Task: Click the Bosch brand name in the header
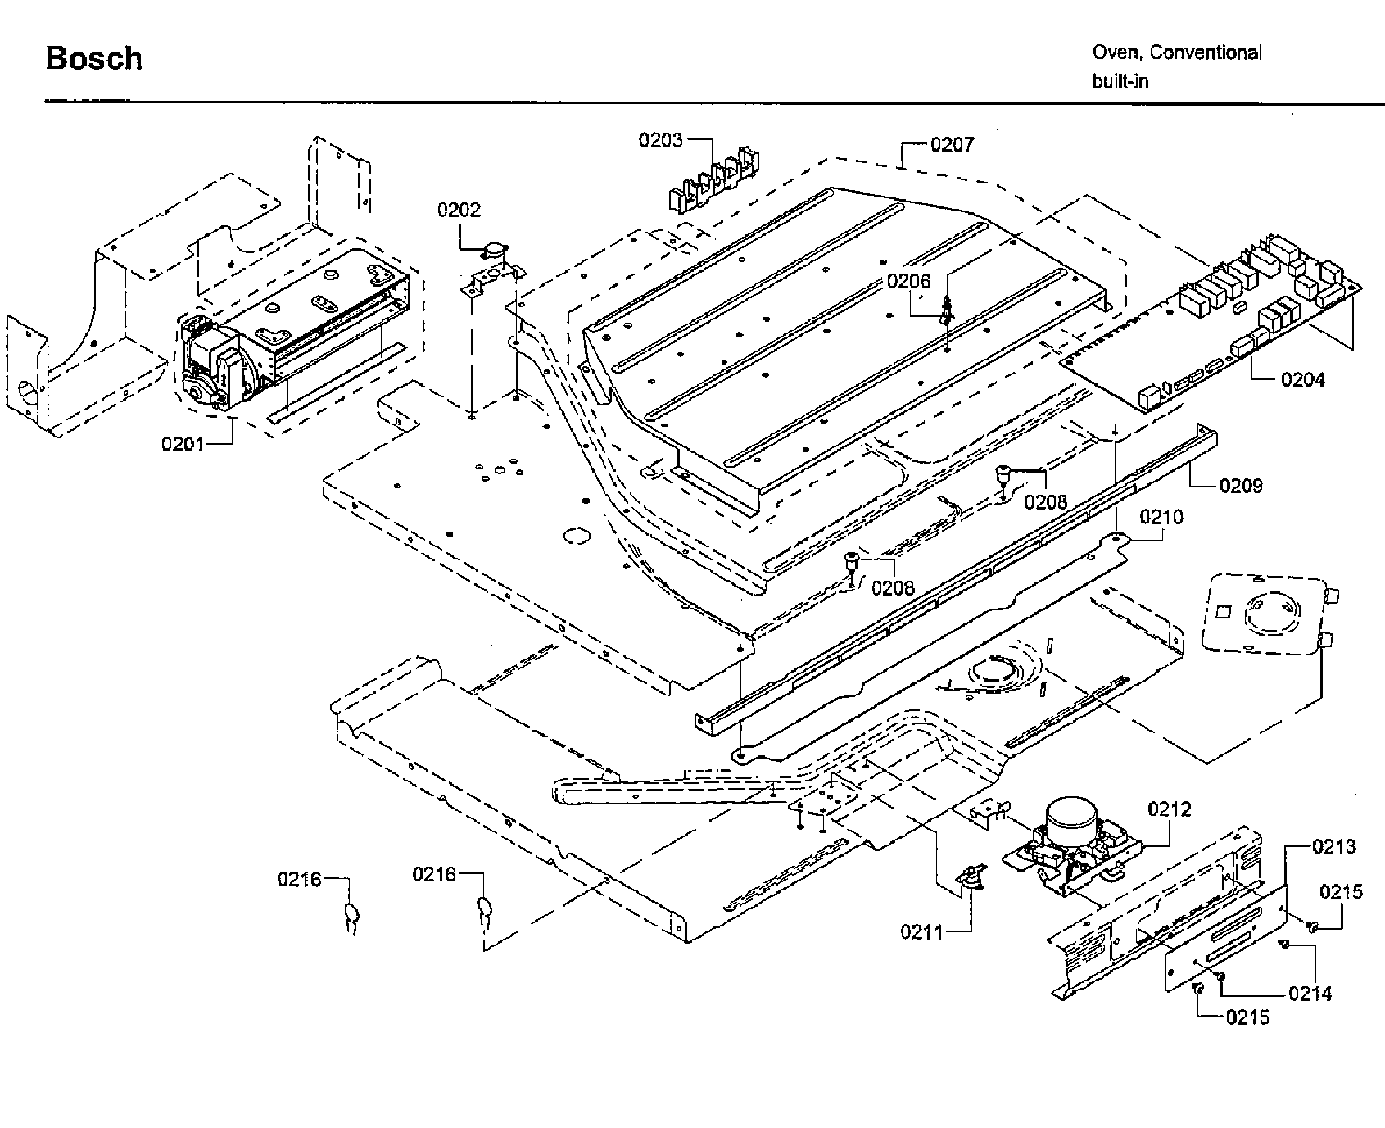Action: point(93,58)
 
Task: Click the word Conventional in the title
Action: point(1205,52)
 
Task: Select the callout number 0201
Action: point(183,444)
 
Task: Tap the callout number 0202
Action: point(459,210)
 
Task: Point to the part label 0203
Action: point(660,140)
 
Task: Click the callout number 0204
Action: point(1302,379)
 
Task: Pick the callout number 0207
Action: point(952,145)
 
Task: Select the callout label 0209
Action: point(1240,485)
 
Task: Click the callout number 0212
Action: point(1169,809)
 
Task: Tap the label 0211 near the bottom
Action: point(922,931)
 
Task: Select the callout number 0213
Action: point(1333,846)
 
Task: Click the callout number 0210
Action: point(1161,517)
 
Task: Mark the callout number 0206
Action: point(908,282)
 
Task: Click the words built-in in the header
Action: point(1120,82)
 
